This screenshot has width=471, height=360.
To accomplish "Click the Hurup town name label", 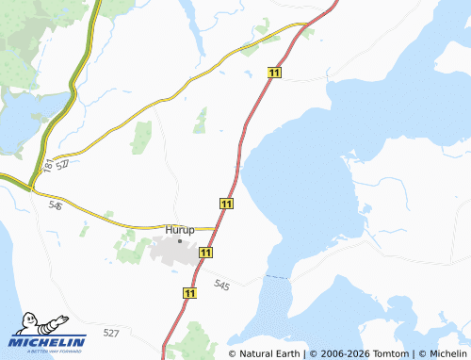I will coord(179,229).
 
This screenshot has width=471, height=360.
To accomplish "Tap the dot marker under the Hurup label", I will coord(180,240).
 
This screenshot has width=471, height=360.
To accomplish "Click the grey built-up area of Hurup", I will coord(174,252).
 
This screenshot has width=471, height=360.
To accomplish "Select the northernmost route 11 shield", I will coord(274,73).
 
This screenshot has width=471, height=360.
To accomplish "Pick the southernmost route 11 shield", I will coord(190,294).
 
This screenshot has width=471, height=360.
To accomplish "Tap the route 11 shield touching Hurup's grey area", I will coord(205,253).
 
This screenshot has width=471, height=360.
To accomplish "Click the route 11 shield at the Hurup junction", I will coord(226,204).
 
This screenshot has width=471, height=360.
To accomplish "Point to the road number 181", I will coord(48,165).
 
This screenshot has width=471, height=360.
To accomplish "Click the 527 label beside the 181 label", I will coord(63,164).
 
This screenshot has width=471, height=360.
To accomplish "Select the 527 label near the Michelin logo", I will coord(111,333).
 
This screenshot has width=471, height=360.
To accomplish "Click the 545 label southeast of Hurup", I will coord(221,284).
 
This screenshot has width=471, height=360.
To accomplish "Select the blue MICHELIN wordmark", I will coord(49,341).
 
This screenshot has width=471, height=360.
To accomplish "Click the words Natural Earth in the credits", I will coord(269,353).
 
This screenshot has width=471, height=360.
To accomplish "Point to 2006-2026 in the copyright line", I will coord(345,353).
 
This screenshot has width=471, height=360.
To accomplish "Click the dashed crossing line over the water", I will coord(276,278).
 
